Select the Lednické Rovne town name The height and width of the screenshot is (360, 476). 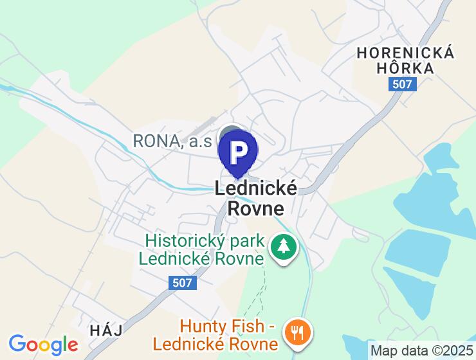click(x=256, y=198)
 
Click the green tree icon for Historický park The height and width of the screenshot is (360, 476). click(x=282, y=246)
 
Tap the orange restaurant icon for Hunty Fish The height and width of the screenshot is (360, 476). click(x=298, y=333)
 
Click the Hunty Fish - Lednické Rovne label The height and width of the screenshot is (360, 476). click(x=230, y=336)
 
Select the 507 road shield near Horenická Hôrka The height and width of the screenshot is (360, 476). click(x=403, y=84)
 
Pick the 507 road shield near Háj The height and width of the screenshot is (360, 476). click(x=183, y=283)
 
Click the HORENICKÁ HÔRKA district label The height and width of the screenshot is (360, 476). click(x=405, y=60)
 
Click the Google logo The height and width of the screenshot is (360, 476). click(x=43, y=344)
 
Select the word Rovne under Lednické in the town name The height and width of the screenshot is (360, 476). click(x=256, y=208)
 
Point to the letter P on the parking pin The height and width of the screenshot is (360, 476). click(x=238, y=150)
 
